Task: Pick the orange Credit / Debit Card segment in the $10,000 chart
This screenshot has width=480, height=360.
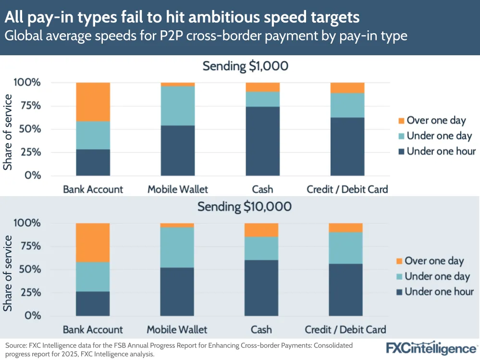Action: point(345,227)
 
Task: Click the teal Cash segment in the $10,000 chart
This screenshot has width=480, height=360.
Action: point(261,248)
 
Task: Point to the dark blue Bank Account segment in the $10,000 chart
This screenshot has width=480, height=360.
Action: point(93,303)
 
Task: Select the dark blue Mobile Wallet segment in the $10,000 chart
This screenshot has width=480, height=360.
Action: point(177,291)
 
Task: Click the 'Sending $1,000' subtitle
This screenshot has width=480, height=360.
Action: point(245,66)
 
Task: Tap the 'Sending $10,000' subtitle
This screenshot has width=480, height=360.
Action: point(245,207)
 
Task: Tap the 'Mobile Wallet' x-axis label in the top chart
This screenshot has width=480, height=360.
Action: point(178,188)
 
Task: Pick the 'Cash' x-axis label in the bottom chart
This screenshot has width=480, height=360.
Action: point(261,329)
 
